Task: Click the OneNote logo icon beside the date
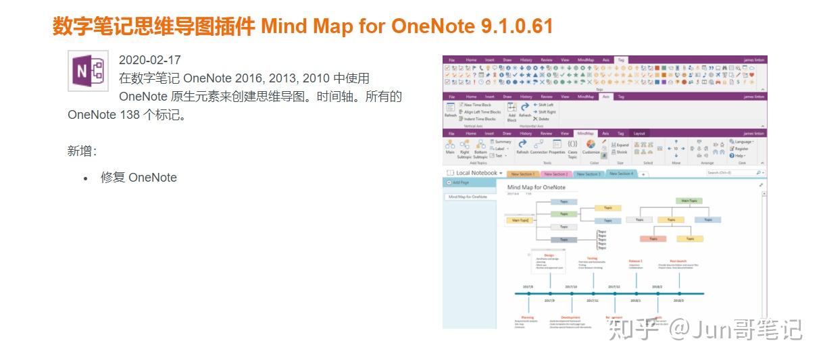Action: point(88,70)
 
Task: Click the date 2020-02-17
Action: point(149,60)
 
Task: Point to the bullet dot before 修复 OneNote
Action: point(86,179)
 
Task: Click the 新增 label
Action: point(82,151)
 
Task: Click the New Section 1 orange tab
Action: point(522,174)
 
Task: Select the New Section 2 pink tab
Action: point(555,174)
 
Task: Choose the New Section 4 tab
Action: point(621,174)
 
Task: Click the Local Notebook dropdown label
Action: point(477,174)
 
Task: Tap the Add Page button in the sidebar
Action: point(460,182)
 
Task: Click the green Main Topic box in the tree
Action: point(689,201)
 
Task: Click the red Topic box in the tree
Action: point(653,238)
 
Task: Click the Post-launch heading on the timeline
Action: point(678,261)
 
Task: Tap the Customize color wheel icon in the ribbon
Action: point(591,145)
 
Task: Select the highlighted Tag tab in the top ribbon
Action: point(621,59)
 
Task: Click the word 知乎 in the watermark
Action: point(633,329)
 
